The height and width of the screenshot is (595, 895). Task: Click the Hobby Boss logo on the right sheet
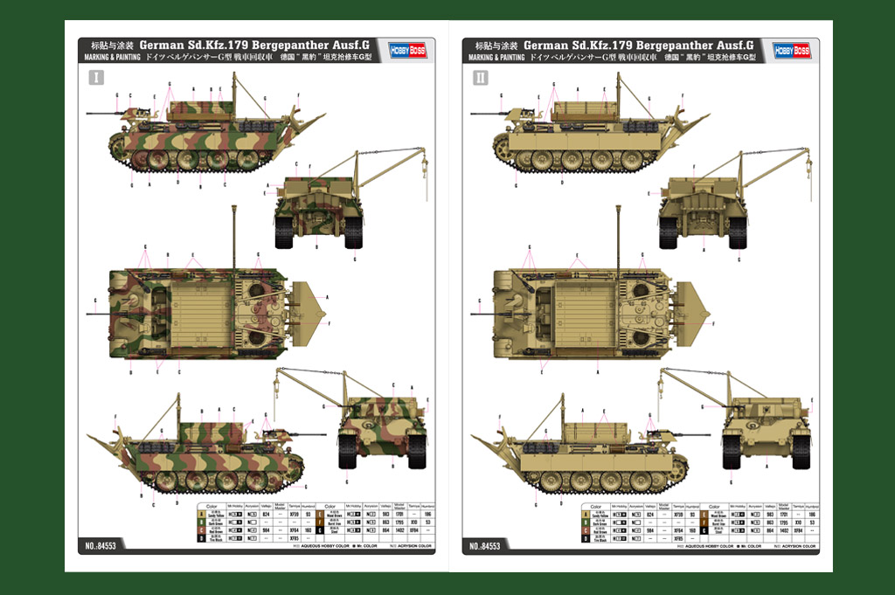tap(791, 51)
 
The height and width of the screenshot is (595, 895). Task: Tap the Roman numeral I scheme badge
tap(96, 78)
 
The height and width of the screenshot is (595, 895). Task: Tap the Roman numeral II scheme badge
tap(481, 78)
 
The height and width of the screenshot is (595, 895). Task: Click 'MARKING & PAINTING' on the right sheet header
tap(496, 58)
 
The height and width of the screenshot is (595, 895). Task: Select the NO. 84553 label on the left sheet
tap(103, 546)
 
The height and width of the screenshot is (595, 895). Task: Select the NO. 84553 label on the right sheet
tap(488, 546)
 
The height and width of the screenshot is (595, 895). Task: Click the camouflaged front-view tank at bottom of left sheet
tap(382, 428)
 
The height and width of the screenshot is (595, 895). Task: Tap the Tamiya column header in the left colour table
tap(294, 507)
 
